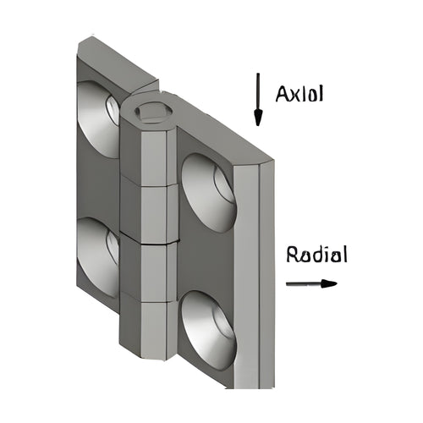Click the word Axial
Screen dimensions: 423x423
[299, 94]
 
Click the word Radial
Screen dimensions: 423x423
[316, 254]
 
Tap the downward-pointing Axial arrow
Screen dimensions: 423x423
[258, 99]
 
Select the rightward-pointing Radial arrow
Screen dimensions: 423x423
[311, 283]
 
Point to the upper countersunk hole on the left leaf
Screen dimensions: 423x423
[98, 119]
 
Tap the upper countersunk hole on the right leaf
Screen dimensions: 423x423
[208, 193]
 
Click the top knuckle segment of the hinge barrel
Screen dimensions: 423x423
[149, 152]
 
